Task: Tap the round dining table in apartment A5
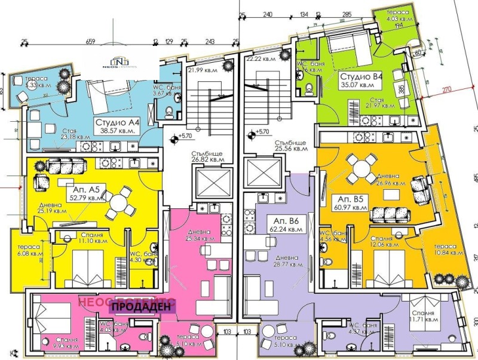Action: tap(122, 201)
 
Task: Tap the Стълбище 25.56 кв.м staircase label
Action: tap(291, 147)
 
